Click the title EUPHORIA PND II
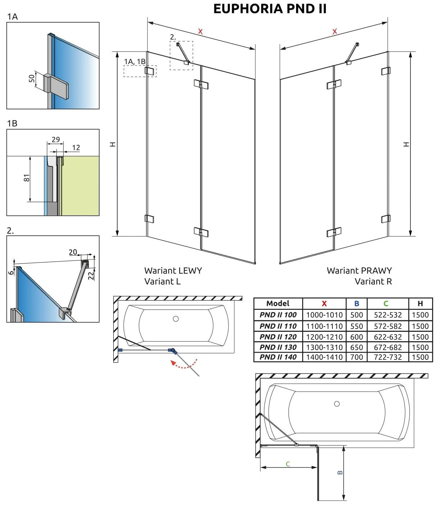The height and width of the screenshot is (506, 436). coord(270,9)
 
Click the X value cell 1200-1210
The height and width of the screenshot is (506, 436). coord(324,337)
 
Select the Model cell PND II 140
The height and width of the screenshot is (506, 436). coord(278,357)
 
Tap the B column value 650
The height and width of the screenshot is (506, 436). coord(356,347)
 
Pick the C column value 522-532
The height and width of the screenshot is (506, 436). coord(387,315)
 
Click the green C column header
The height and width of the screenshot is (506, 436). coord(386,303)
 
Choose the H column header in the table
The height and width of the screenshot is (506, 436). coord(420,303)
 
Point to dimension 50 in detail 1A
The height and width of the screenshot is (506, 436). coord(32,78)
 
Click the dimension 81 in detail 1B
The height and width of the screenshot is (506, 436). coord(27,178)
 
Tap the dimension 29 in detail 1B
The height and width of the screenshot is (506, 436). coord(56,139)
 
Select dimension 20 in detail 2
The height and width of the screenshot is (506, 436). coord(73,252)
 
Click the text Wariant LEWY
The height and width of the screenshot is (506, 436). coord(173,271)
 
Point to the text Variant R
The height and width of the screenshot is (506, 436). coord(373,281)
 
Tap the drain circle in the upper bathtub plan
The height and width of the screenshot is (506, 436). coord(176,318)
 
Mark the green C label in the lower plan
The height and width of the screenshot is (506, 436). coord(288,464)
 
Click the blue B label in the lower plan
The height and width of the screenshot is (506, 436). coord(340,473)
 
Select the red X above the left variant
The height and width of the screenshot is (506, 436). coord(200,32)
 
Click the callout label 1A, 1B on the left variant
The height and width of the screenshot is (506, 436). coord(135,62)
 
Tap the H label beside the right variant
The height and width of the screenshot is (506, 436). coord(407,144)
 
